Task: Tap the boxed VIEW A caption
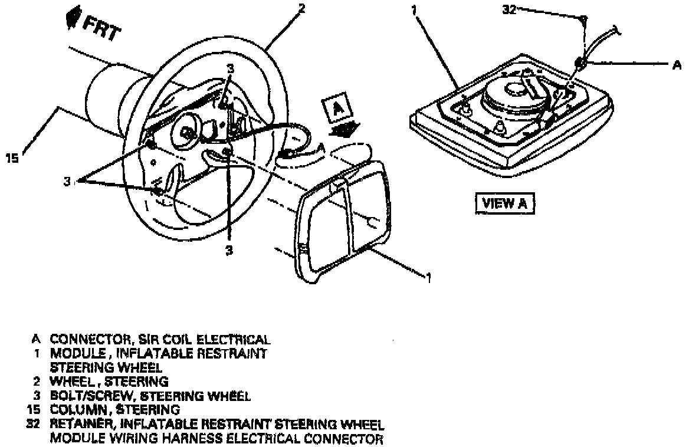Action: point(504,203)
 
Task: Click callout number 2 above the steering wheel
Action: point(301,8)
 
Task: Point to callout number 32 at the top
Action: point(508,10)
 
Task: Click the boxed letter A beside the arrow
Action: point(337,110)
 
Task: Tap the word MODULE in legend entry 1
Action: point(74,354)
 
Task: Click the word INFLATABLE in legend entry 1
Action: point(144,354)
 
